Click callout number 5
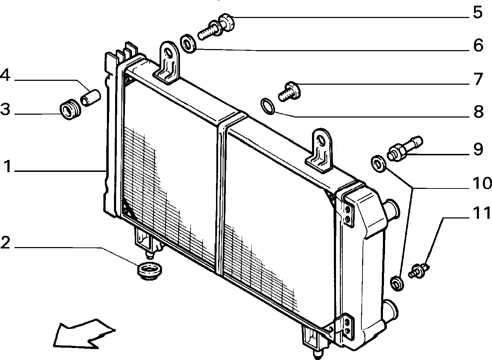[478, 12]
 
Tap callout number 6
[478, 45]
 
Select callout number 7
[478, 79]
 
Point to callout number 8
[478, 112]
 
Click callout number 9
[478, 149]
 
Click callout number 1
[8, 166]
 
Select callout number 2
[5, 242]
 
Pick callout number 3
[5, 110]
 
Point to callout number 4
[5, 75]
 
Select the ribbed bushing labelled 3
[70, 109]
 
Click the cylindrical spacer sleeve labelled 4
[90, 98]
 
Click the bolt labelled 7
[289, 91]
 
